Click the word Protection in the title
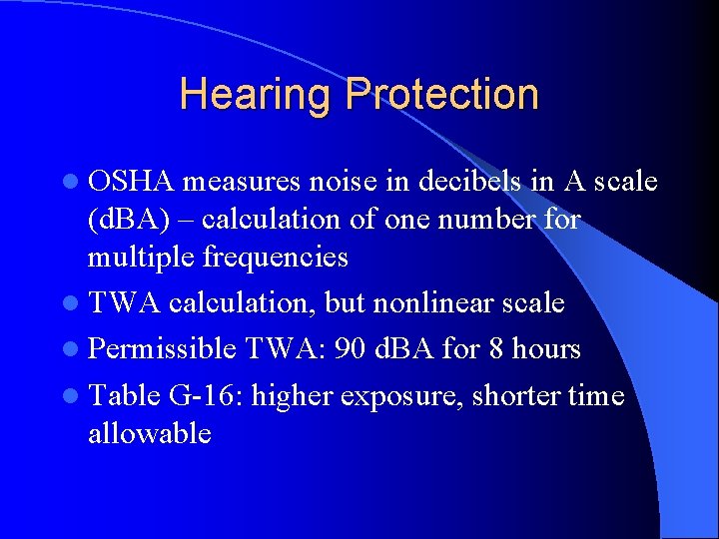(442, 96)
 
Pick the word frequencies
(279, 258)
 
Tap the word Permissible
(161, 349)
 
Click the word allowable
(149, 433)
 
